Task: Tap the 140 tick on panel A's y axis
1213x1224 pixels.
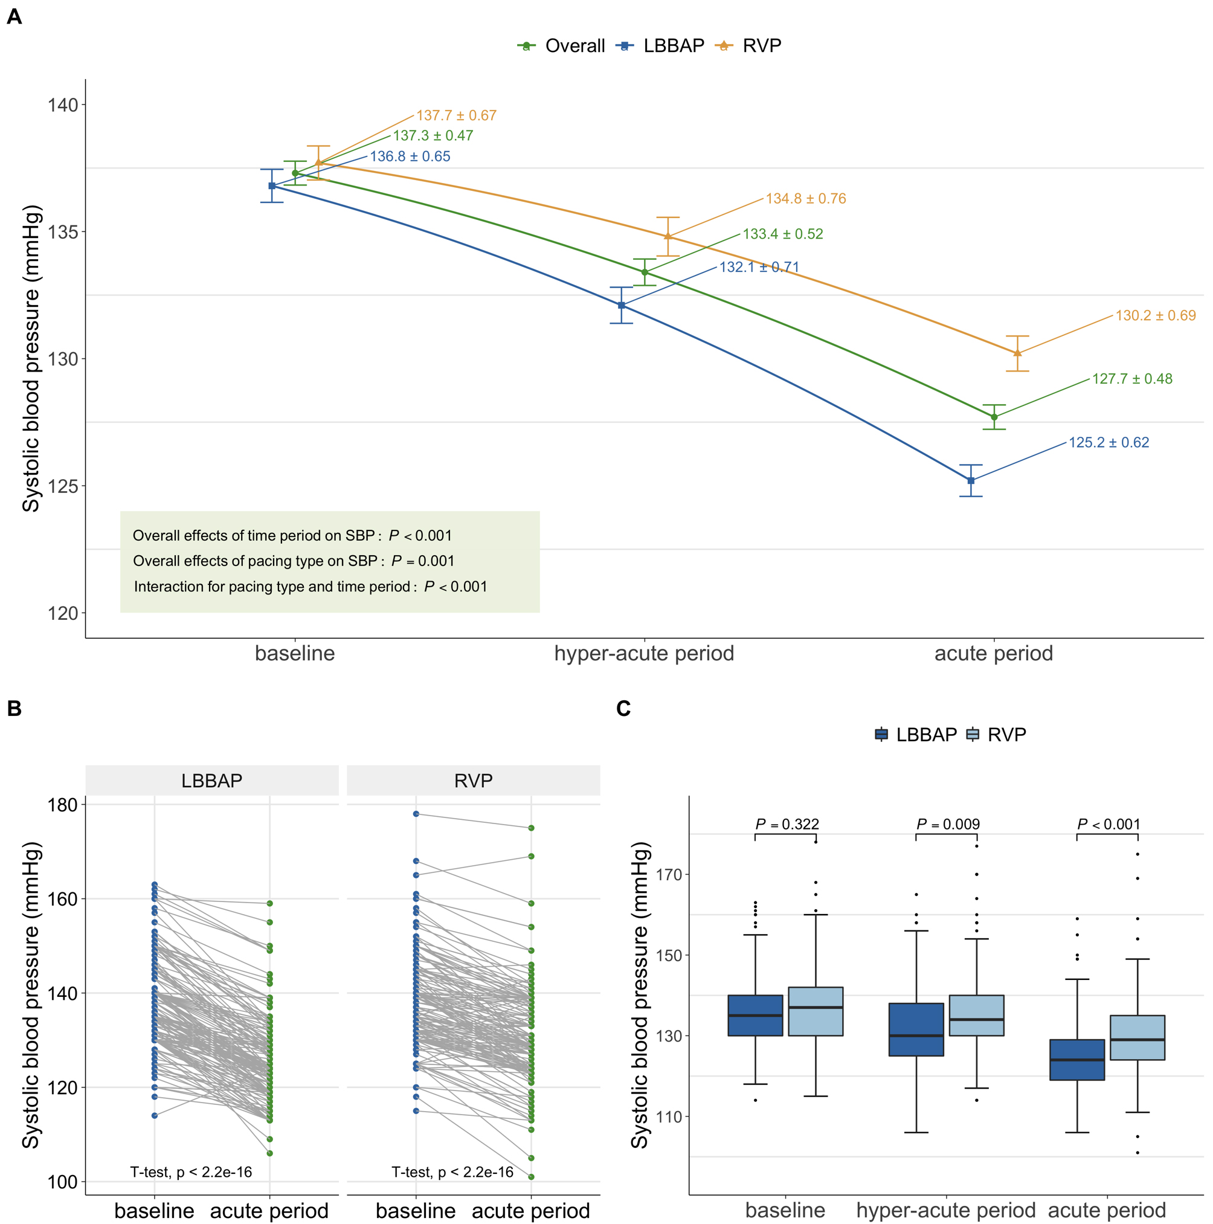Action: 63,105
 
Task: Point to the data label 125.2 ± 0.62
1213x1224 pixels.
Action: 1108,442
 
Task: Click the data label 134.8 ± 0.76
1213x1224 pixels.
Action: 805,198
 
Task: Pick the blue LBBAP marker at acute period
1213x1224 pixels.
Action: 970,481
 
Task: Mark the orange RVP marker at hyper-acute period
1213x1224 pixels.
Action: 668,236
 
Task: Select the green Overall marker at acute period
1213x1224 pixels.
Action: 994,417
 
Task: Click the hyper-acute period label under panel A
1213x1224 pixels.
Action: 643,653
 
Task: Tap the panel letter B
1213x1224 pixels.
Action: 14,708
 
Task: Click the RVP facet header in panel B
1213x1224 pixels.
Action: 473,781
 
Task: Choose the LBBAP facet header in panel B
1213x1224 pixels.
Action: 211,781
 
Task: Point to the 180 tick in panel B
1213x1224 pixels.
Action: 63,805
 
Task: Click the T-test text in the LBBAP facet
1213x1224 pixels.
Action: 191,1172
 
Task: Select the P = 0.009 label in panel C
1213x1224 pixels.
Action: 948,824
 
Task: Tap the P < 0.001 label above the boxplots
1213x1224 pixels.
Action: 1108,824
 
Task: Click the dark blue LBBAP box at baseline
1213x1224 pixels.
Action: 755,1015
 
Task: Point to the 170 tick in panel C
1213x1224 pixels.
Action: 669,875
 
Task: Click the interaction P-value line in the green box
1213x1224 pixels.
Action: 310,587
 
